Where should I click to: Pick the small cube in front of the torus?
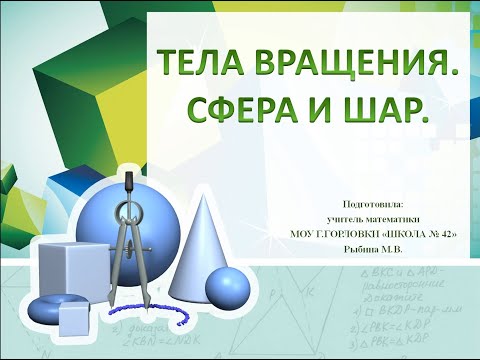[x=77, y=319]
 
